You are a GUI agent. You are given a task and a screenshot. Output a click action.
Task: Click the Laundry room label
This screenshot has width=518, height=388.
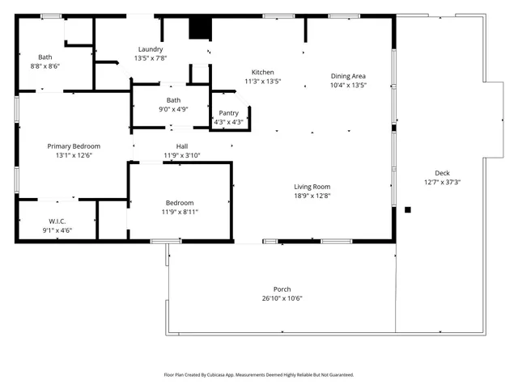[151, 49]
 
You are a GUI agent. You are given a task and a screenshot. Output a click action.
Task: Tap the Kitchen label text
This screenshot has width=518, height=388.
[262, 72]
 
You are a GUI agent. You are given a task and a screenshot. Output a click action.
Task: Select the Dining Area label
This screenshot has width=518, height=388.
[349, 76]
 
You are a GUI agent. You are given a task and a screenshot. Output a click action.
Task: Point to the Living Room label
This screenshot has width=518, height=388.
[312, 187]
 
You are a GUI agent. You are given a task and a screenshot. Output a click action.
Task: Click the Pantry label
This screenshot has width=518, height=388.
[228, 113]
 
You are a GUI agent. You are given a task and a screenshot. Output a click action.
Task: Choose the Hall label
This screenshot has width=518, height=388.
[182, 145]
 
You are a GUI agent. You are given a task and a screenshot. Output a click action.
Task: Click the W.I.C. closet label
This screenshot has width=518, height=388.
[57, 221]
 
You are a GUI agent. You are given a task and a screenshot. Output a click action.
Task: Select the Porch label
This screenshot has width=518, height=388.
[282, 289]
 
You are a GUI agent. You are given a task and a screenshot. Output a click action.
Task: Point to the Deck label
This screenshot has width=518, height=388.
[442, 173]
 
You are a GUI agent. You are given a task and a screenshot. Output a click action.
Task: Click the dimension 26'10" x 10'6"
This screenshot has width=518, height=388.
[282, 297]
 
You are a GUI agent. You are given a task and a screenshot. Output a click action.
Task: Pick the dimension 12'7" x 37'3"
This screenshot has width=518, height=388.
[442, 182]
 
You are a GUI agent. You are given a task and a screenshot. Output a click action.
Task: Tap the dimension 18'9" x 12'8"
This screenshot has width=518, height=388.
[312, 196]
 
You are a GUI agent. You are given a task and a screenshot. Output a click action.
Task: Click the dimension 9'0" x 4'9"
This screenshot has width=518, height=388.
[174, 109]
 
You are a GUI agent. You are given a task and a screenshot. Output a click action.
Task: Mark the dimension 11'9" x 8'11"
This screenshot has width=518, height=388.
[180, 211]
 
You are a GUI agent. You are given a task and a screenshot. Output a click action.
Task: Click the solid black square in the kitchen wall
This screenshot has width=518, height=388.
[199, 27]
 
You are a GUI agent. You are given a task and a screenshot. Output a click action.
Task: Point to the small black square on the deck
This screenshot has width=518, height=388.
[408, 210]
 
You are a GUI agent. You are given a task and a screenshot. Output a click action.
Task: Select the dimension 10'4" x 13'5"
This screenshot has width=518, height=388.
[349, 85]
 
